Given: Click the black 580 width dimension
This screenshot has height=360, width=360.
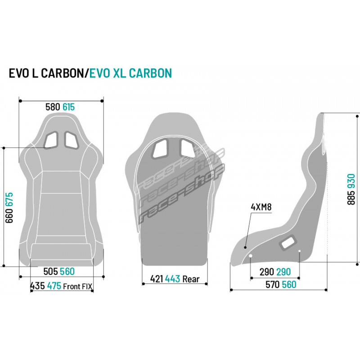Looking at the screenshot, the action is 53,107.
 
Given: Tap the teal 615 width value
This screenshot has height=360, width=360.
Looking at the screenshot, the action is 69,107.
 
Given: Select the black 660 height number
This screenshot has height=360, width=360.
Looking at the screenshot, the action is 9,216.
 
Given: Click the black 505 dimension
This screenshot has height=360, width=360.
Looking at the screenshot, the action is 50,271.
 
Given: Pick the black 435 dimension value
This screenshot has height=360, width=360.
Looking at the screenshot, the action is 38,286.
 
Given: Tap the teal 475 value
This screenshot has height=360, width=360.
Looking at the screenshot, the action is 54,286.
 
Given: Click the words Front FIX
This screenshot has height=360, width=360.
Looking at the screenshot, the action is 77,287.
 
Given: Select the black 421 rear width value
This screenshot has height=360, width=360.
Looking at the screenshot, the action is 157,279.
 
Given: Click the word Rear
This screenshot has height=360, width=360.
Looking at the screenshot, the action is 191,279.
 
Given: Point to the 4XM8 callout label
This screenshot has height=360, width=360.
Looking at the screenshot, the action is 261,207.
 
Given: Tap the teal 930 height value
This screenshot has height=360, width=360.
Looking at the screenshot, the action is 351,181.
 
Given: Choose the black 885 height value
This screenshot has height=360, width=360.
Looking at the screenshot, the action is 351,198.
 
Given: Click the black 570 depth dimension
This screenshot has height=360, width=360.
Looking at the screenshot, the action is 273,285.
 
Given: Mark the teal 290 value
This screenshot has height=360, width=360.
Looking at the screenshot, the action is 284,272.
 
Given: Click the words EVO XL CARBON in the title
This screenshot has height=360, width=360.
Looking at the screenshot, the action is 130,73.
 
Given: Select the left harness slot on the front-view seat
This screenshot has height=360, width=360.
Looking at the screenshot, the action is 51,140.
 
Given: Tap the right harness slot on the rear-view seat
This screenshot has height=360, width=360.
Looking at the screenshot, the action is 188,148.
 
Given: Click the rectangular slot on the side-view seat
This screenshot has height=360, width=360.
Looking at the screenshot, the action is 288,242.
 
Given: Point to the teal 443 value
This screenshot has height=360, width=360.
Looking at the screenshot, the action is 172,279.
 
